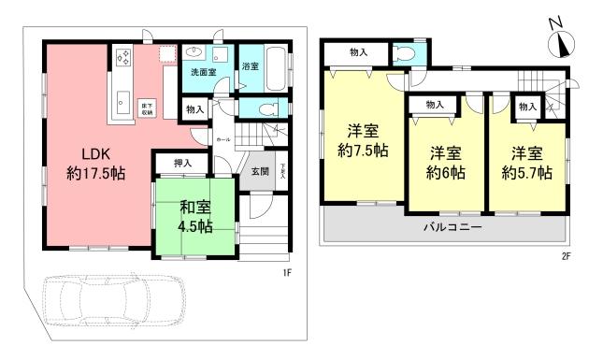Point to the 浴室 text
point(250,67)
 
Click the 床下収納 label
point(146,107)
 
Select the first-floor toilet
point(266,108)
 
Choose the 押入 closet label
point(183,165)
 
